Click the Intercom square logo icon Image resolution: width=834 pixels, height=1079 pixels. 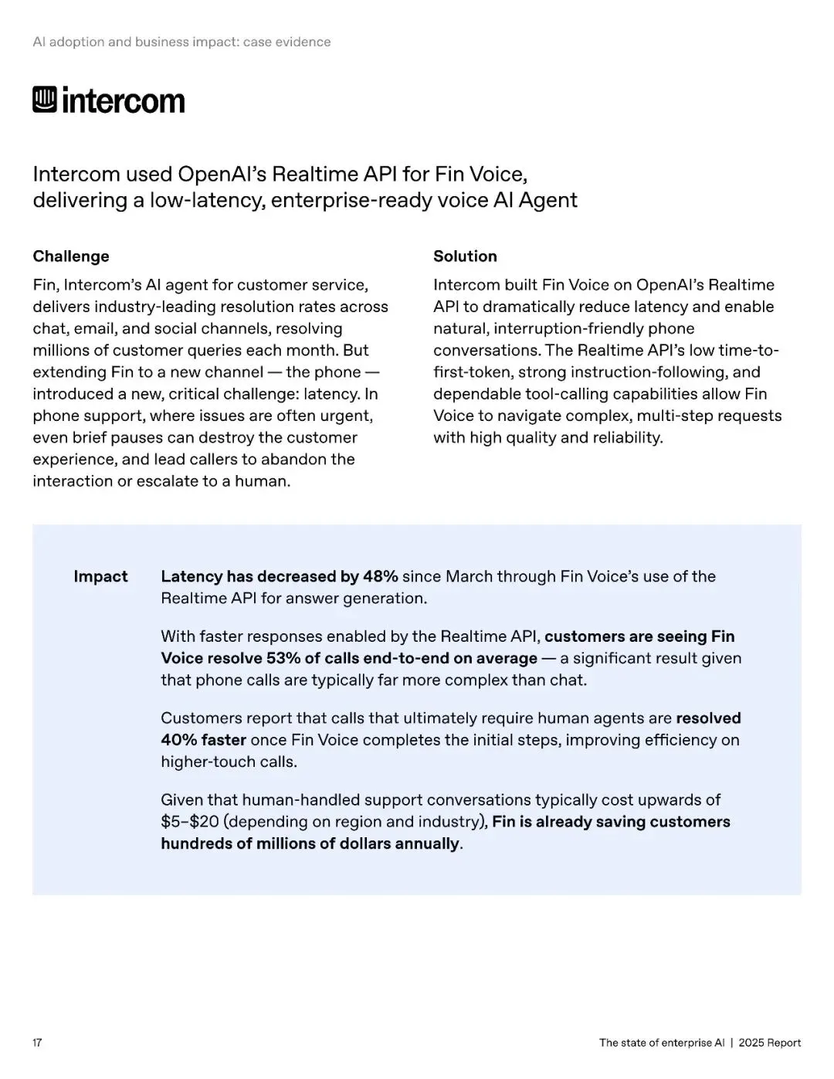[x=45, y=100]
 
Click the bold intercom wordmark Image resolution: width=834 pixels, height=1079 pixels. [x=124, y=101]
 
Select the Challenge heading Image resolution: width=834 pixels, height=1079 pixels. [x=71, y=256]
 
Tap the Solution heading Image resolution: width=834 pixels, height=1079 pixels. [x=465, y=256]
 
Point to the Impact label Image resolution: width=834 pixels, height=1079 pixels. [x=100, y=577]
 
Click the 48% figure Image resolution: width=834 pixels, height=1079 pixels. [x=381, y=577]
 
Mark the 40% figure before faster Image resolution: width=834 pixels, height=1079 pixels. [x=178, y=741]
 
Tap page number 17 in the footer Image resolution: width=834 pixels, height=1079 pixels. [x=37, y=1043]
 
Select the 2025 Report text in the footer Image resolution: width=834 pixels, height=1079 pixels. [x=769, y=1043]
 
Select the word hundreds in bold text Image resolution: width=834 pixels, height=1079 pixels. [x=195, y=844]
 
